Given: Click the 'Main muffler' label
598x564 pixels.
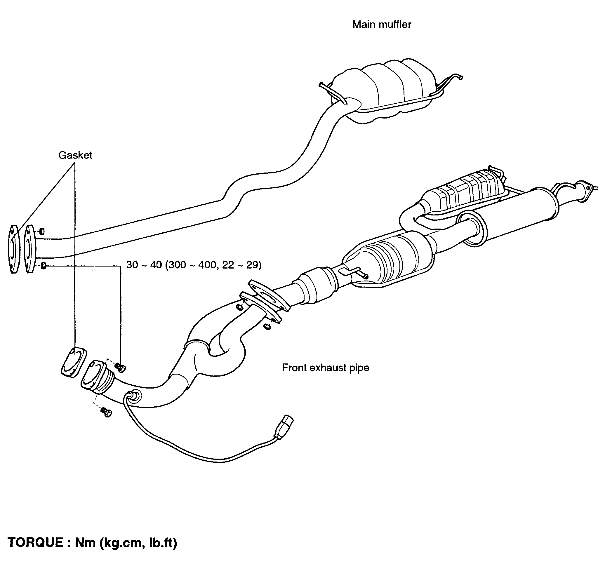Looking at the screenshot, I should (x=381, y=24).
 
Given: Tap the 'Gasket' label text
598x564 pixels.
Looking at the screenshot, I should (x=75, y=155).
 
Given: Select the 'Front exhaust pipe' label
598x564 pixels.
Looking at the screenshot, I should (x=325, y=368).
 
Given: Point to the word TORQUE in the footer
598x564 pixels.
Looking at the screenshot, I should (x=35, y=543).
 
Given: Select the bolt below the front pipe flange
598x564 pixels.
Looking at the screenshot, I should (x=106, y=412).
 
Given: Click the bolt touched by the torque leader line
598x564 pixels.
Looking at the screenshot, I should (x=120, y=367).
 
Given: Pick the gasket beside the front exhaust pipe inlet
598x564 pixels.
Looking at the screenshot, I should (x=73, y=362).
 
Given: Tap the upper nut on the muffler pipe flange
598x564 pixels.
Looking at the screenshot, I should (x=42, y=231).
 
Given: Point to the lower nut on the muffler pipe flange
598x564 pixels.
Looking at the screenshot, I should (x=43, y=266).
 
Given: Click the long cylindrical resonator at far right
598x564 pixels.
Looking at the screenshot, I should (x=511, y=217).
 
